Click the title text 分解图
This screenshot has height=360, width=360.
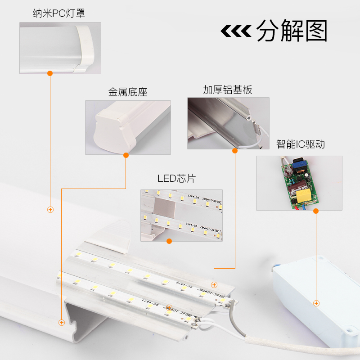pos(292,31)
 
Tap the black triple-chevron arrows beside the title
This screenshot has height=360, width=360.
pos(235,31)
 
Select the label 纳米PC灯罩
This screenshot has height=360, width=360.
pos(59,13)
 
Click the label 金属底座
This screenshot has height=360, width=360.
pos(128,93)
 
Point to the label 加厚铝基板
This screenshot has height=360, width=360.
pos(227,90)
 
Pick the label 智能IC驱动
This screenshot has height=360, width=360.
pos(300,144)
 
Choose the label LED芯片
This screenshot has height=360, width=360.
pos(176,179)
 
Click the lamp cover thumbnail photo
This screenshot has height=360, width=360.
pos(60,48)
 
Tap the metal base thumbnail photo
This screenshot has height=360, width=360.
pos(128,127)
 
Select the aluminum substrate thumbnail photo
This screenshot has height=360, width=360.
pos(228,123)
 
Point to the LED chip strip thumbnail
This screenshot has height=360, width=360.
pos(181,215)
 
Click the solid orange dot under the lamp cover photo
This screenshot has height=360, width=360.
pos(50,72)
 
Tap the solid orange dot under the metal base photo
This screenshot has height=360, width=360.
pos(126,155)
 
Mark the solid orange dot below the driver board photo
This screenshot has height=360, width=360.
pos(316,211)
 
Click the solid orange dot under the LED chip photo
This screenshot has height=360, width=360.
pos(169,241)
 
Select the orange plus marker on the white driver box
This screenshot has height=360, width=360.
pos(316,304)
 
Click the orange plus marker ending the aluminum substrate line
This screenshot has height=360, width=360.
pos(214,284)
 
